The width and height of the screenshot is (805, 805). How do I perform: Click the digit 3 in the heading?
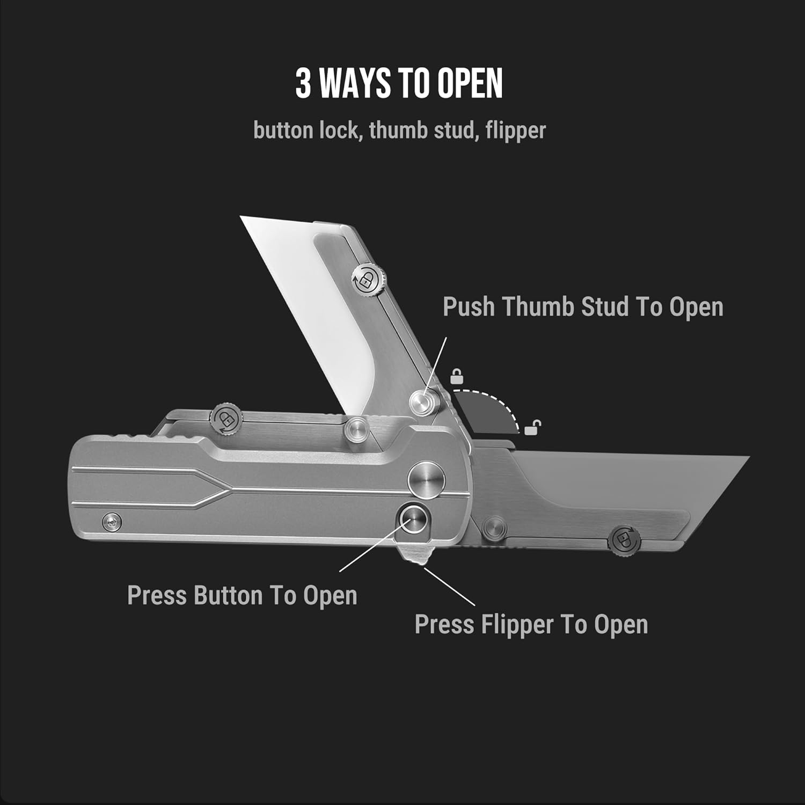303,84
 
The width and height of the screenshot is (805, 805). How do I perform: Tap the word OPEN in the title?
470,84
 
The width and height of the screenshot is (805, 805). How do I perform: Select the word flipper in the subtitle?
515,130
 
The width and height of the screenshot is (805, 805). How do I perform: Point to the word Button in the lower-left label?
228,596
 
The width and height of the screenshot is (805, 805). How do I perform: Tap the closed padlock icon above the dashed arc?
456,376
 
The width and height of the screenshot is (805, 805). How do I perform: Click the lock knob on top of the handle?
224,418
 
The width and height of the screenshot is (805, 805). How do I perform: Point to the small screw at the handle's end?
112,521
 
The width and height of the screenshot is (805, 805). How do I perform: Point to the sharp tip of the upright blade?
241,217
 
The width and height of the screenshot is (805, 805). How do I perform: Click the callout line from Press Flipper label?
450,587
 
